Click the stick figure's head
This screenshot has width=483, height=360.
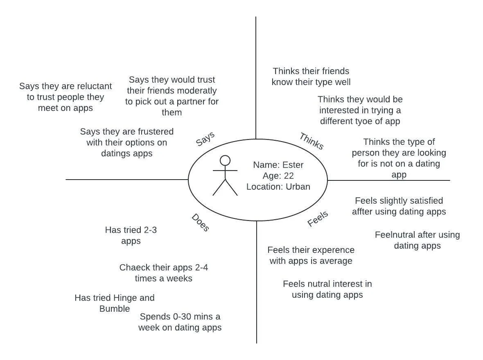225,160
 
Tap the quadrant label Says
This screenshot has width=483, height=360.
205,139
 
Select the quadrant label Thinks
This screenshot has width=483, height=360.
311,141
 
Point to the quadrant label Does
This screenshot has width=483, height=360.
200,223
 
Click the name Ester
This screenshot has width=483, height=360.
293,165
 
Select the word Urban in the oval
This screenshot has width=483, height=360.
298,187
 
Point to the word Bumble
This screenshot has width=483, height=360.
115,308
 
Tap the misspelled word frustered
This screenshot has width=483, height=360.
152,132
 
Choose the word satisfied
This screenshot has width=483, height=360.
424,201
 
